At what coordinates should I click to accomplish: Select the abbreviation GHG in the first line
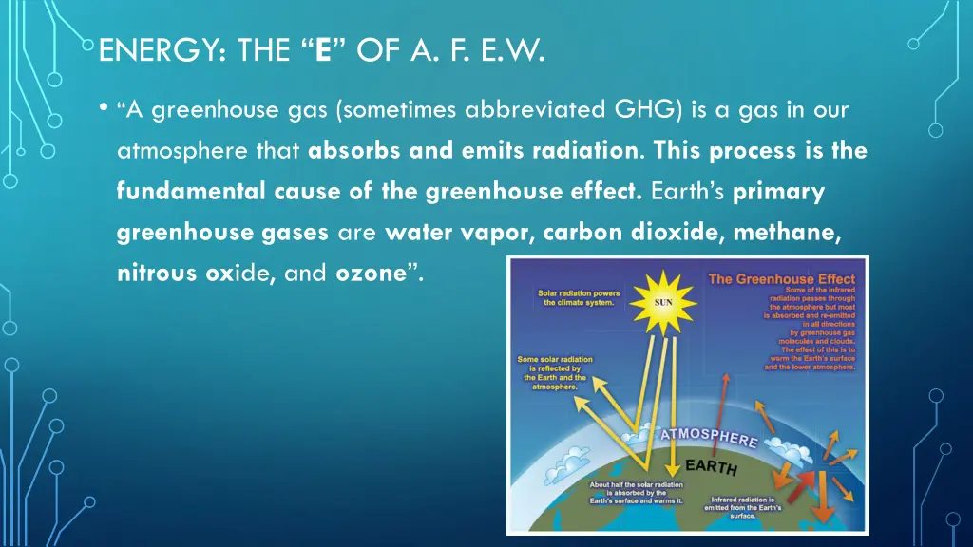tap(648, 110)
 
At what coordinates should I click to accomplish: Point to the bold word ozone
tap(371, 273)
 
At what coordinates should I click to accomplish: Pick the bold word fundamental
tap(170, 192)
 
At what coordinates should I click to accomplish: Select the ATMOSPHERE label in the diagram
tap(709, 438)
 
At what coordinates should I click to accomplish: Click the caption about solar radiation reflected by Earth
tap(555, 373)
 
